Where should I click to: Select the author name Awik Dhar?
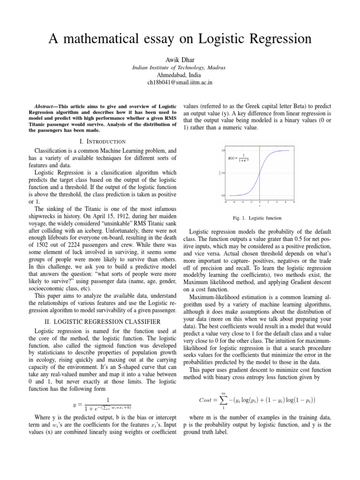pyautogui.click(x=180, y=60)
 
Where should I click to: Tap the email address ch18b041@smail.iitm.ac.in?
pyautogui.click(x=180, y=82)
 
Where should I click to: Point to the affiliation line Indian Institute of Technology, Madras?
pyautogui.click(x=180, y=67)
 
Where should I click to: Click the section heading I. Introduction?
pyautogui.click(x=103, y=141)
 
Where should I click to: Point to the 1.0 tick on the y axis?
pyautogui.click(x=223, y=150)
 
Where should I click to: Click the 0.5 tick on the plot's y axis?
pyautogui.click(x=223, y=173)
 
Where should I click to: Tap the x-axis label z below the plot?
pyautogui.click(x=259, y=205)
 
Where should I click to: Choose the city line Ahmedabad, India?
pyautogui.click(x=180, y=75)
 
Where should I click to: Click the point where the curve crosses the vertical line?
pyautogui.click(x=259, y=173)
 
